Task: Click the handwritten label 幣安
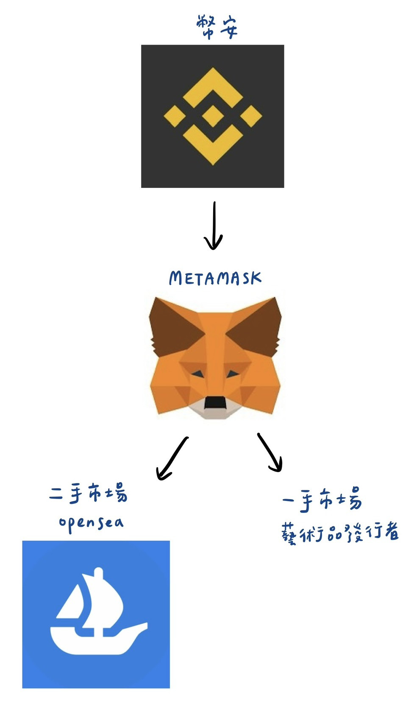217,28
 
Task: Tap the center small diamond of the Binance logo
212,115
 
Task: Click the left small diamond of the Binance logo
175,115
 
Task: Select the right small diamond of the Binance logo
250,115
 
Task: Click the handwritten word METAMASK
215,278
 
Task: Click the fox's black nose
214,402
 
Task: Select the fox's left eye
197,373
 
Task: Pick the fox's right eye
232,373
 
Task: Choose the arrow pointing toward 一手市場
270,452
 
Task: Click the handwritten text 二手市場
88,494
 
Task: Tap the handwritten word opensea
92,522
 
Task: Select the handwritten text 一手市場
323,500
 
